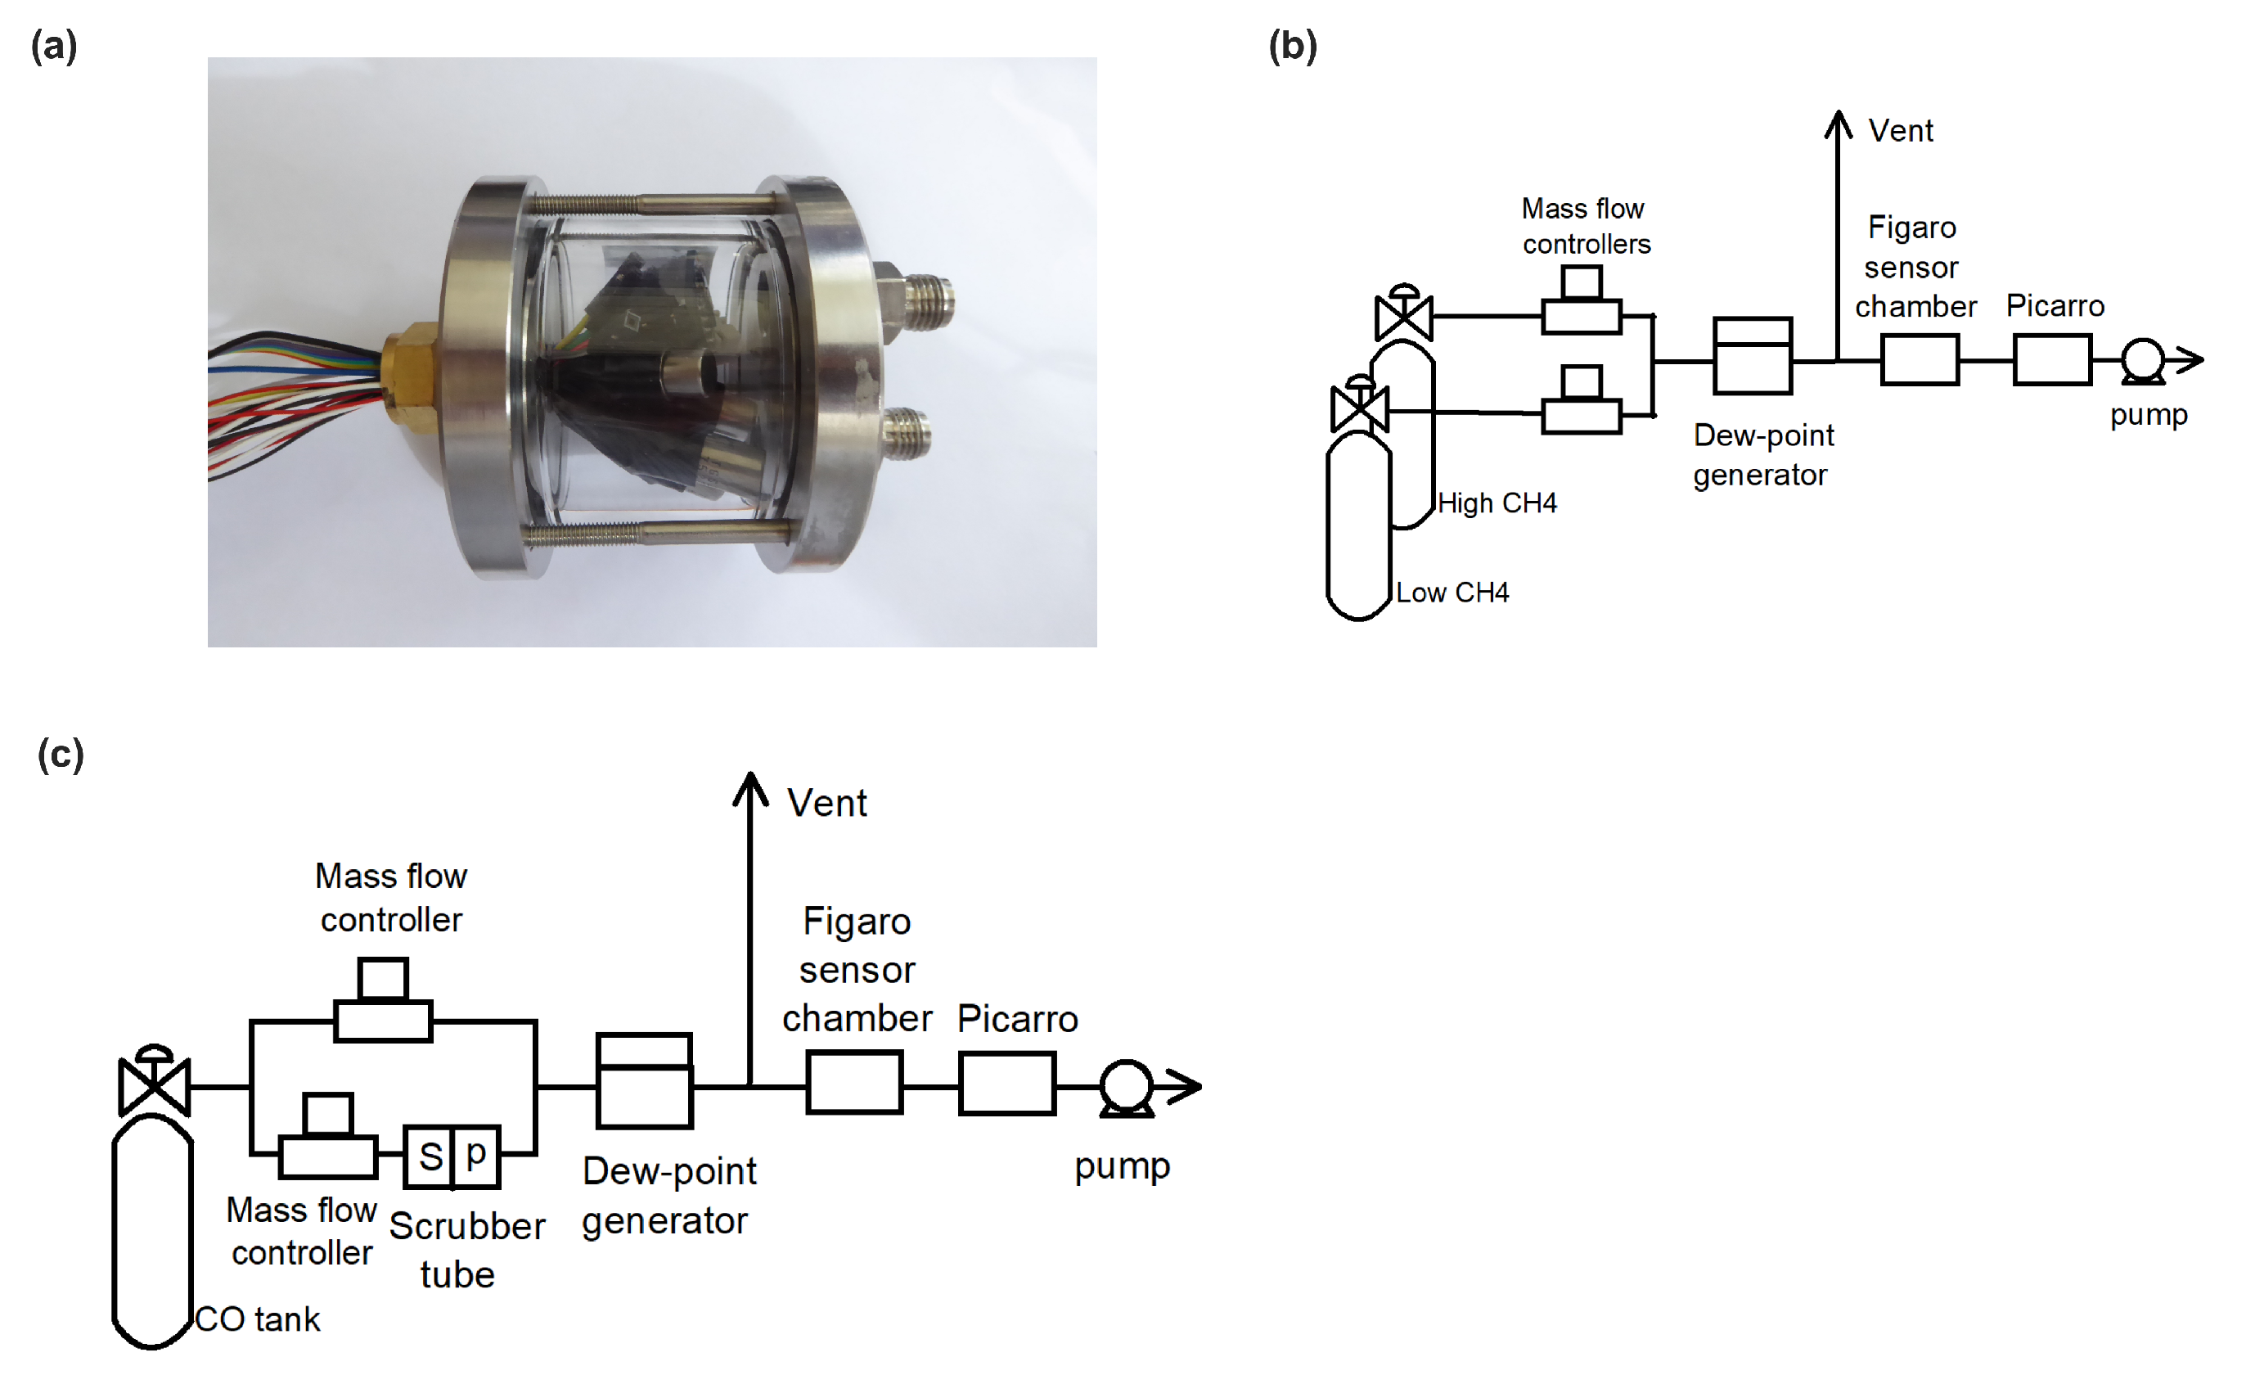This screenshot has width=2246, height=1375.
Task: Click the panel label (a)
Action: click(x=54, y=46)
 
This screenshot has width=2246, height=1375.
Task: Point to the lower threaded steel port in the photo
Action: click(x=905, y=431)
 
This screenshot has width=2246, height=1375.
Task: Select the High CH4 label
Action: click(x=1497, y=503)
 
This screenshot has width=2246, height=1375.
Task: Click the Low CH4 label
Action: click(x=1452, y=593)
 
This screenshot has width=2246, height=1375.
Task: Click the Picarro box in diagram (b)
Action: click(x=2052, y=360)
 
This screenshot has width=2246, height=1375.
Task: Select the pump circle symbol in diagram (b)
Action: click(x=2142, y=359)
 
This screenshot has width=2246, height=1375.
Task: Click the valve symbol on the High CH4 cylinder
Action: click(x=1404, y=315)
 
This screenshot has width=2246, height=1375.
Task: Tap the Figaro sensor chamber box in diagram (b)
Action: click(x=1920, y=360)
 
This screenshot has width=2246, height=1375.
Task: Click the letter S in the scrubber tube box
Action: click(x=430, y=1157)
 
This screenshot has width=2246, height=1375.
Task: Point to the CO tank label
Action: click(x=258, y=1319)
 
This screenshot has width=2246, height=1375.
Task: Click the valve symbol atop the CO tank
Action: click(x=154, y=1085)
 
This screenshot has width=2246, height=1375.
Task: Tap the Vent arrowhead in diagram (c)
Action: click(x=750, y=788)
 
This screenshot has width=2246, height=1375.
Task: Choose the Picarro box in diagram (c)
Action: click(x=1007, y=1084)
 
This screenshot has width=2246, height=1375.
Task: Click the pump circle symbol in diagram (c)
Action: click(x=1127, y=1085)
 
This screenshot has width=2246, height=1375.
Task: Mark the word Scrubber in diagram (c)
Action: click(x=466, y=1226)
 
